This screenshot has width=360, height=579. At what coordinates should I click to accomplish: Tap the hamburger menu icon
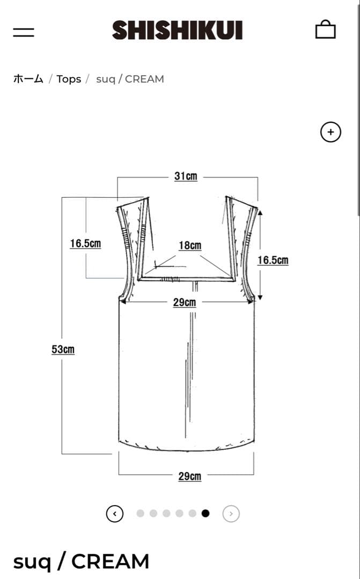coord(24,32)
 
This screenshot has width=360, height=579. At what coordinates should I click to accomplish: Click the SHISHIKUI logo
coord(178,30)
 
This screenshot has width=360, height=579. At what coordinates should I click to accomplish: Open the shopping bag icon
coord(325,29)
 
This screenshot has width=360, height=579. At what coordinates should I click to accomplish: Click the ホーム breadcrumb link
coord(28,79)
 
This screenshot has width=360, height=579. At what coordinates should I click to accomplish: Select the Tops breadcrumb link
coord(69,79)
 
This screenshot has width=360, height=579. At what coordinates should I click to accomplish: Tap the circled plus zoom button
coord(330,132)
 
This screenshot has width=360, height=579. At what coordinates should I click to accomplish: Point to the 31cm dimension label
coord(186,176)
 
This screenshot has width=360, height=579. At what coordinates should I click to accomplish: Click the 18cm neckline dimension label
coord(190,245)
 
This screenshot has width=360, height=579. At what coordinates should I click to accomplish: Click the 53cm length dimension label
coord(63,350)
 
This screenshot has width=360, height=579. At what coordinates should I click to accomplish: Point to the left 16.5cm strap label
coord(85,243)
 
